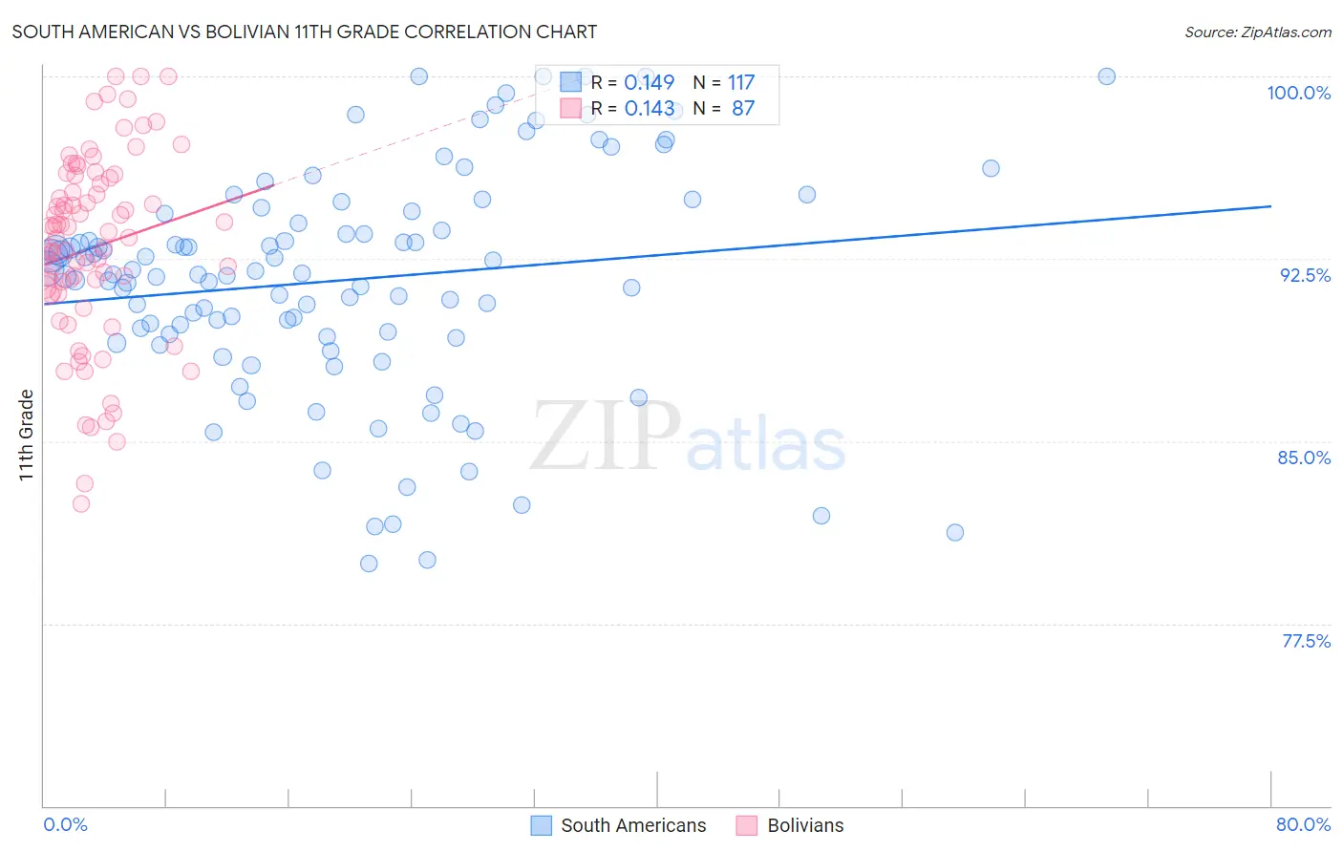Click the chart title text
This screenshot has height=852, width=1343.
pos(304,32)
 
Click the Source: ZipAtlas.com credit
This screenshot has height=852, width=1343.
pos(1257,32)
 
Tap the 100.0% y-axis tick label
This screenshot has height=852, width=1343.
pos(1298,93)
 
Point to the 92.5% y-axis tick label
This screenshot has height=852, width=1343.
pos(1305,275)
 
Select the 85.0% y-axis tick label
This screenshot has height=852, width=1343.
pos(1304,458)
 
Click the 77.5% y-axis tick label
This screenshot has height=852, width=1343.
pos(1306,641)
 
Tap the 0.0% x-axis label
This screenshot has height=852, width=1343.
pos(65,824)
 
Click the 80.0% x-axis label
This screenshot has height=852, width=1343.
pos(1303,824)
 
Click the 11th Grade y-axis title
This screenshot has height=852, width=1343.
pos(26,435)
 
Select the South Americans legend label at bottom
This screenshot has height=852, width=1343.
pos(633,825)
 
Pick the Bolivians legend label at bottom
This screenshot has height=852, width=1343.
pos(805,825)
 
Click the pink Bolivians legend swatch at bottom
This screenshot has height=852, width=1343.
pos(747,825)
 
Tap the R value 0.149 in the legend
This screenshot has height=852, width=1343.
pos(649,83)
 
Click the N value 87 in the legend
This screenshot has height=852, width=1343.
pos(743,109)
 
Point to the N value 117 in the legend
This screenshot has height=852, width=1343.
pos(741,83)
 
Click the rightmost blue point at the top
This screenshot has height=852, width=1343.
pos(1106,76)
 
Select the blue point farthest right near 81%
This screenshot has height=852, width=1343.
pos(955,532)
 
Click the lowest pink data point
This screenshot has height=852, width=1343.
pos(81,503)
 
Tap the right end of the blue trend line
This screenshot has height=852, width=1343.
pos(1270,206)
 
